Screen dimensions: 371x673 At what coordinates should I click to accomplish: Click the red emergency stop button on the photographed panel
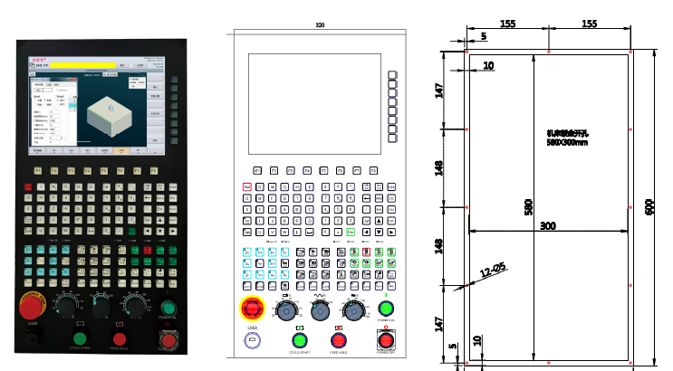tap(32, 306)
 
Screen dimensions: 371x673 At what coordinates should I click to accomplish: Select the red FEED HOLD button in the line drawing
tap(339, 340)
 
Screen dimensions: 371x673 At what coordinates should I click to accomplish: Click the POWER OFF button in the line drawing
tap(387, 341)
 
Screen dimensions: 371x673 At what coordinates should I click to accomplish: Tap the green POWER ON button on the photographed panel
tap(168, 304)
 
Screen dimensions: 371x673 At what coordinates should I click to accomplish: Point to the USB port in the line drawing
tap(252, 340)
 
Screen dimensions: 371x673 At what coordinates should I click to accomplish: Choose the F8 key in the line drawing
tap(374, 169)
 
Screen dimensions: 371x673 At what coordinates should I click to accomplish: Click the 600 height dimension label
tap(649, 206)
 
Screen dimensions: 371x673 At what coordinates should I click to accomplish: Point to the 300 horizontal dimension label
tap(547, 225)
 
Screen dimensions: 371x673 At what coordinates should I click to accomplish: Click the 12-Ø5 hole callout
tap(493, 271)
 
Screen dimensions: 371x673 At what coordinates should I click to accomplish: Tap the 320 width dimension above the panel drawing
tap(319, 24)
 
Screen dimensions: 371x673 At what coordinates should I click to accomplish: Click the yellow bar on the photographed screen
tap(86, 65)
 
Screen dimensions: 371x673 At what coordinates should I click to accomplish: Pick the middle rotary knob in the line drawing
tap(319, 310)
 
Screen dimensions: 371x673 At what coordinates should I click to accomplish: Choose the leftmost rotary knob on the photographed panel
tap(66, 305)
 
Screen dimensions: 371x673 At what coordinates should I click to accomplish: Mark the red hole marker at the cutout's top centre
tap(551, 52)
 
